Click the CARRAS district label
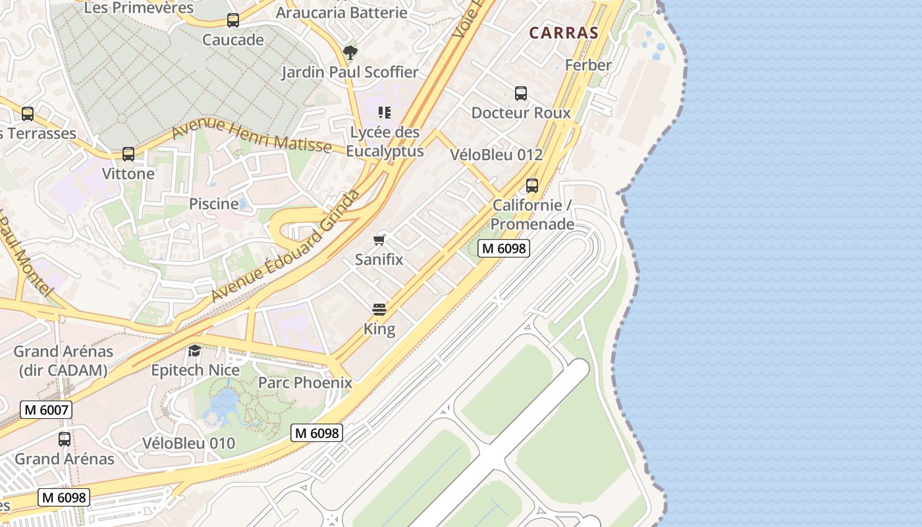[564, 33]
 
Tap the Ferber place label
[588, 65]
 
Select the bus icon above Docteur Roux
[521, 94]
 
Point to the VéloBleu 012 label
[497, 154]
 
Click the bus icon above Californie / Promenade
[532, 186]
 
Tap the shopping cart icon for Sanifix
[379, 240]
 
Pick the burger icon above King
[379, 309]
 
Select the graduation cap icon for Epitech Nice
[195, 350]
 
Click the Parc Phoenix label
[305, 382]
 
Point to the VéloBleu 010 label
[189, 443]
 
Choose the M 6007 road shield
[45, 409]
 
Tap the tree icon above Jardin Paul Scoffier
[350, 52]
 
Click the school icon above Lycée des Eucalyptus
[385, 113]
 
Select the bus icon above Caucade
[233, 20]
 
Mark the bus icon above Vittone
[128, 154]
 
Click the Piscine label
[213, 204]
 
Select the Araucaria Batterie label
[341, 13]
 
